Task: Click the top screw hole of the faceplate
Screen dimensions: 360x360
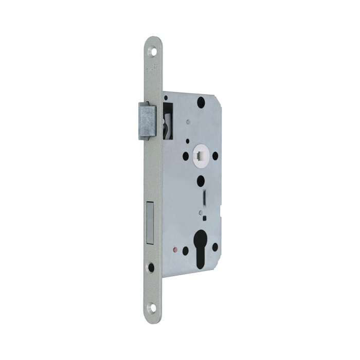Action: click(152, 51)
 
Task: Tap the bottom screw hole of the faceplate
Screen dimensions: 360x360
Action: click(152, 309)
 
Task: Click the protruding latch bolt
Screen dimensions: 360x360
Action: click(146, 121)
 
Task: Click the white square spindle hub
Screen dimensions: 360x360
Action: click(200, 155)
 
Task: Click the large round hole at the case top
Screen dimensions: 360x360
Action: click(201, 103)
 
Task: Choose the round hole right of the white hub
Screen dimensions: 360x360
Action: click(215, 155)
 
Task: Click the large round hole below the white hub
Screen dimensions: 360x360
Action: click(201, 181)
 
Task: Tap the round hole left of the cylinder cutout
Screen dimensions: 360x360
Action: click(185, 250)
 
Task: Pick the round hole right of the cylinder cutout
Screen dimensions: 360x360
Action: click(215, 246)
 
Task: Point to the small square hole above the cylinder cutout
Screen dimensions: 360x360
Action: click(205, 218)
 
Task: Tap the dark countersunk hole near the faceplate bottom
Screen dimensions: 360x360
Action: click(151, 267)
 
